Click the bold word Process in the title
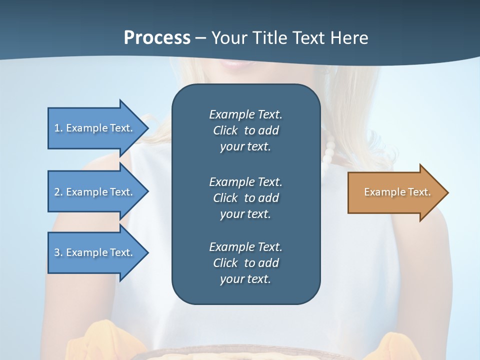[157, 38]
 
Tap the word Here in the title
[348, 38]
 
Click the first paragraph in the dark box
[245, 130]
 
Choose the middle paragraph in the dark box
[245, 197]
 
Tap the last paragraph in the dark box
[245, 263]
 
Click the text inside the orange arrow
[397, 192]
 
